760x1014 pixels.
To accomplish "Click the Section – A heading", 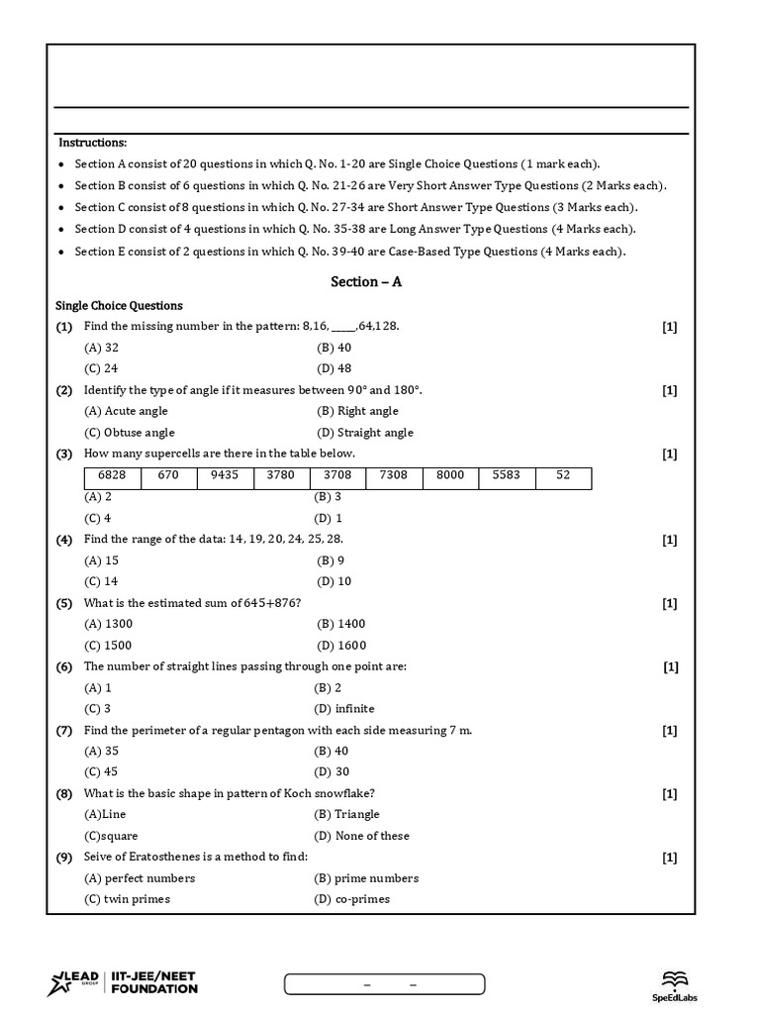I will pos(366,282).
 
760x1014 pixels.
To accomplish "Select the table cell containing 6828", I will pos(112,475).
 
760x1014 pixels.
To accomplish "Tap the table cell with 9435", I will pos(225,475).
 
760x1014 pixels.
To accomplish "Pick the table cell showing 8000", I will pos(450,475).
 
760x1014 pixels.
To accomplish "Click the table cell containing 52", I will pos(563,475).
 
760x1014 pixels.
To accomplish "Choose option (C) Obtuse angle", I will pos(130,433).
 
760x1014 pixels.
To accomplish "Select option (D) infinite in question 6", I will pos(344,709).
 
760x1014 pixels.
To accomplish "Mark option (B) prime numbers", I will pos(366,878).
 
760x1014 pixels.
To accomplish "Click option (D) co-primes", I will pos(352,899).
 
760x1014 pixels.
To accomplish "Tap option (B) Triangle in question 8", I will pos(346,814).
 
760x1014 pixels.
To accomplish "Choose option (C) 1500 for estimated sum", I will pos(109,646).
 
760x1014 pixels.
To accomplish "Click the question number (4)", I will pos(64,540).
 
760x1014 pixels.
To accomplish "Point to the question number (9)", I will pos(64,857).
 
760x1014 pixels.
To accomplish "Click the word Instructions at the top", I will pos(93,144).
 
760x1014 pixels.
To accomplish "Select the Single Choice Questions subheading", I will pos(119,306).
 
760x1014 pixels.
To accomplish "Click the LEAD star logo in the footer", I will pos(60,984).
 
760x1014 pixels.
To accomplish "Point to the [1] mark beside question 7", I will pos(670,731).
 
